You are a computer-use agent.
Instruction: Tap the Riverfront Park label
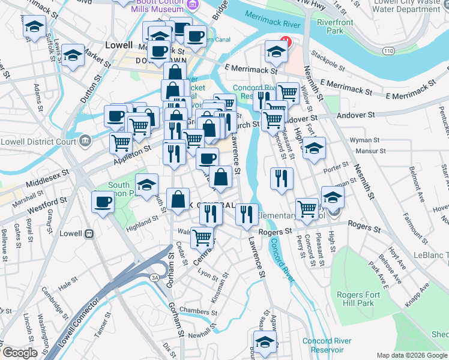[336, 27]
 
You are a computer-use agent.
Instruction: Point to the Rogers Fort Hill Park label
[355, 298]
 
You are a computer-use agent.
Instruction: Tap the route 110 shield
[390, 52]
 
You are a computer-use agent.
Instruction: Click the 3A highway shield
[154, 277]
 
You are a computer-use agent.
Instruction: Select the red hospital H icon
[286, 42]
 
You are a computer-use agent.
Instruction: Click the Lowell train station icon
[89, 233]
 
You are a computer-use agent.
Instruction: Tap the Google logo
[19, 353]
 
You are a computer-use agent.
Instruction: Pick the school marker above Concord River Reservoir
[264, 343]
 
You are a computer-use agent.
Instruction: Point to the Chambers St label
[197, 311]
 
